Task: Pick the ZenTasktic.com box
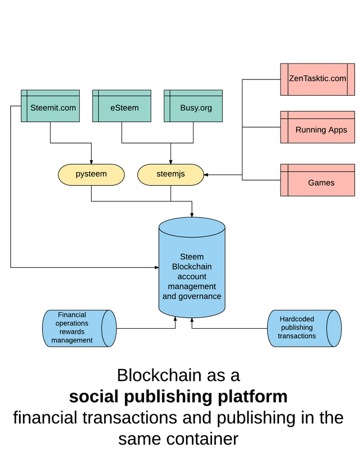[x=318, y=79]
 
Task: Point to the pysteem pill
[x=91, y=174]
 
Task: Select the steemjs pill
[x=170, y=174]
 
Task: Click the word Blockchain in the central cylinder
[x=192, y=267]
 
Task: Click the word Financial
[x=72, y=315]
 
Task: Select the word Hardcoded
[x=297, y=319]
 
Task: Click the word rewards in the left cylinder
[x=72, y=332]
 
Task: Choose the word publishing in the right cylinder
[x=297, y=328]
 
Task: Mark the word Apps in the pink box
[x=337, y=130]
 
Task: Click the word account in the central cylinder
[x=192, y=276]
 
